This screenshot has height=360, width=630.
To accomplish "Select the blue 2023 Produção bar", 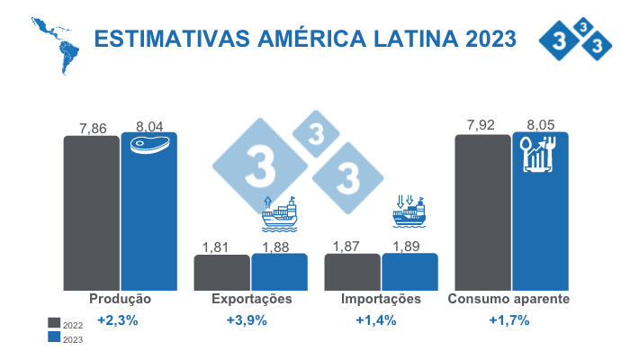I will tap(149, 220).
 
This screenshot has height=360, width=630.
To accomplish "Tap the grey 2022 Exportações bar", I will tap(221, 272).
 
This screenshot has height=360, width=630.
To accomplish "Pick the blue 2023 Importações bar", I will tap(409, 272).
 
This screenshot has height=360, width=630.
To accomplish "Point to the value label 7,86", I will tap(93, 128).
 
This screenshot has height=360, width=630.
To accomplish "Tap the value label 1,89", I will tap(409, 246).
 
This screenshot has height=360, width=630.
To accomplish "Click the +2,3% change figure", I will tap(118, 320).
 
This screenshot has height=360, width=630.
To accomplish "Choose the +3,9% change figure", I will tap(247, 320).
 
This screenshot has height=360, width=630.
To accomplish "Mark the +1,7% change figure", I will tap(508, 320).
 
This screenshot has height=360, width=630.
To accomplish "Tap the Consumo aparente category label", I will tap(508, 299).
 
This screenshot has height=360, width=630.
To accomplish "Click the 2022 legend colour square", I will tap(54, 323).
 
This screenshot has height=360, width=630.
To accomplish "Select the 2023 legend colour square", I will tap(54, 337).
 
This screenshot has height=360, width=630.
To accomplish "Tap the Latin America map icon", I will tap(55, 44).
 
